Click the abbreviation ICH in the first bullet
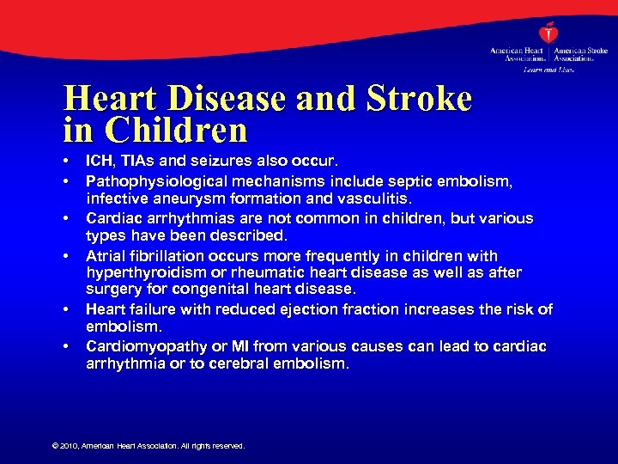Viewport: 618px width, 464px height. coord(99,161)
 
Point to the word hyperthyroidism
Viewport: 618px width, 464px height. coord(140,272)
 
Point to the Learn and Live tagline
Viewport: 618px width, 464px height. coord(548,69)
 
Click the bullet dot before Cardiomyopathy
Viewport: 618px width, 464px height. coord(66,346)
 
